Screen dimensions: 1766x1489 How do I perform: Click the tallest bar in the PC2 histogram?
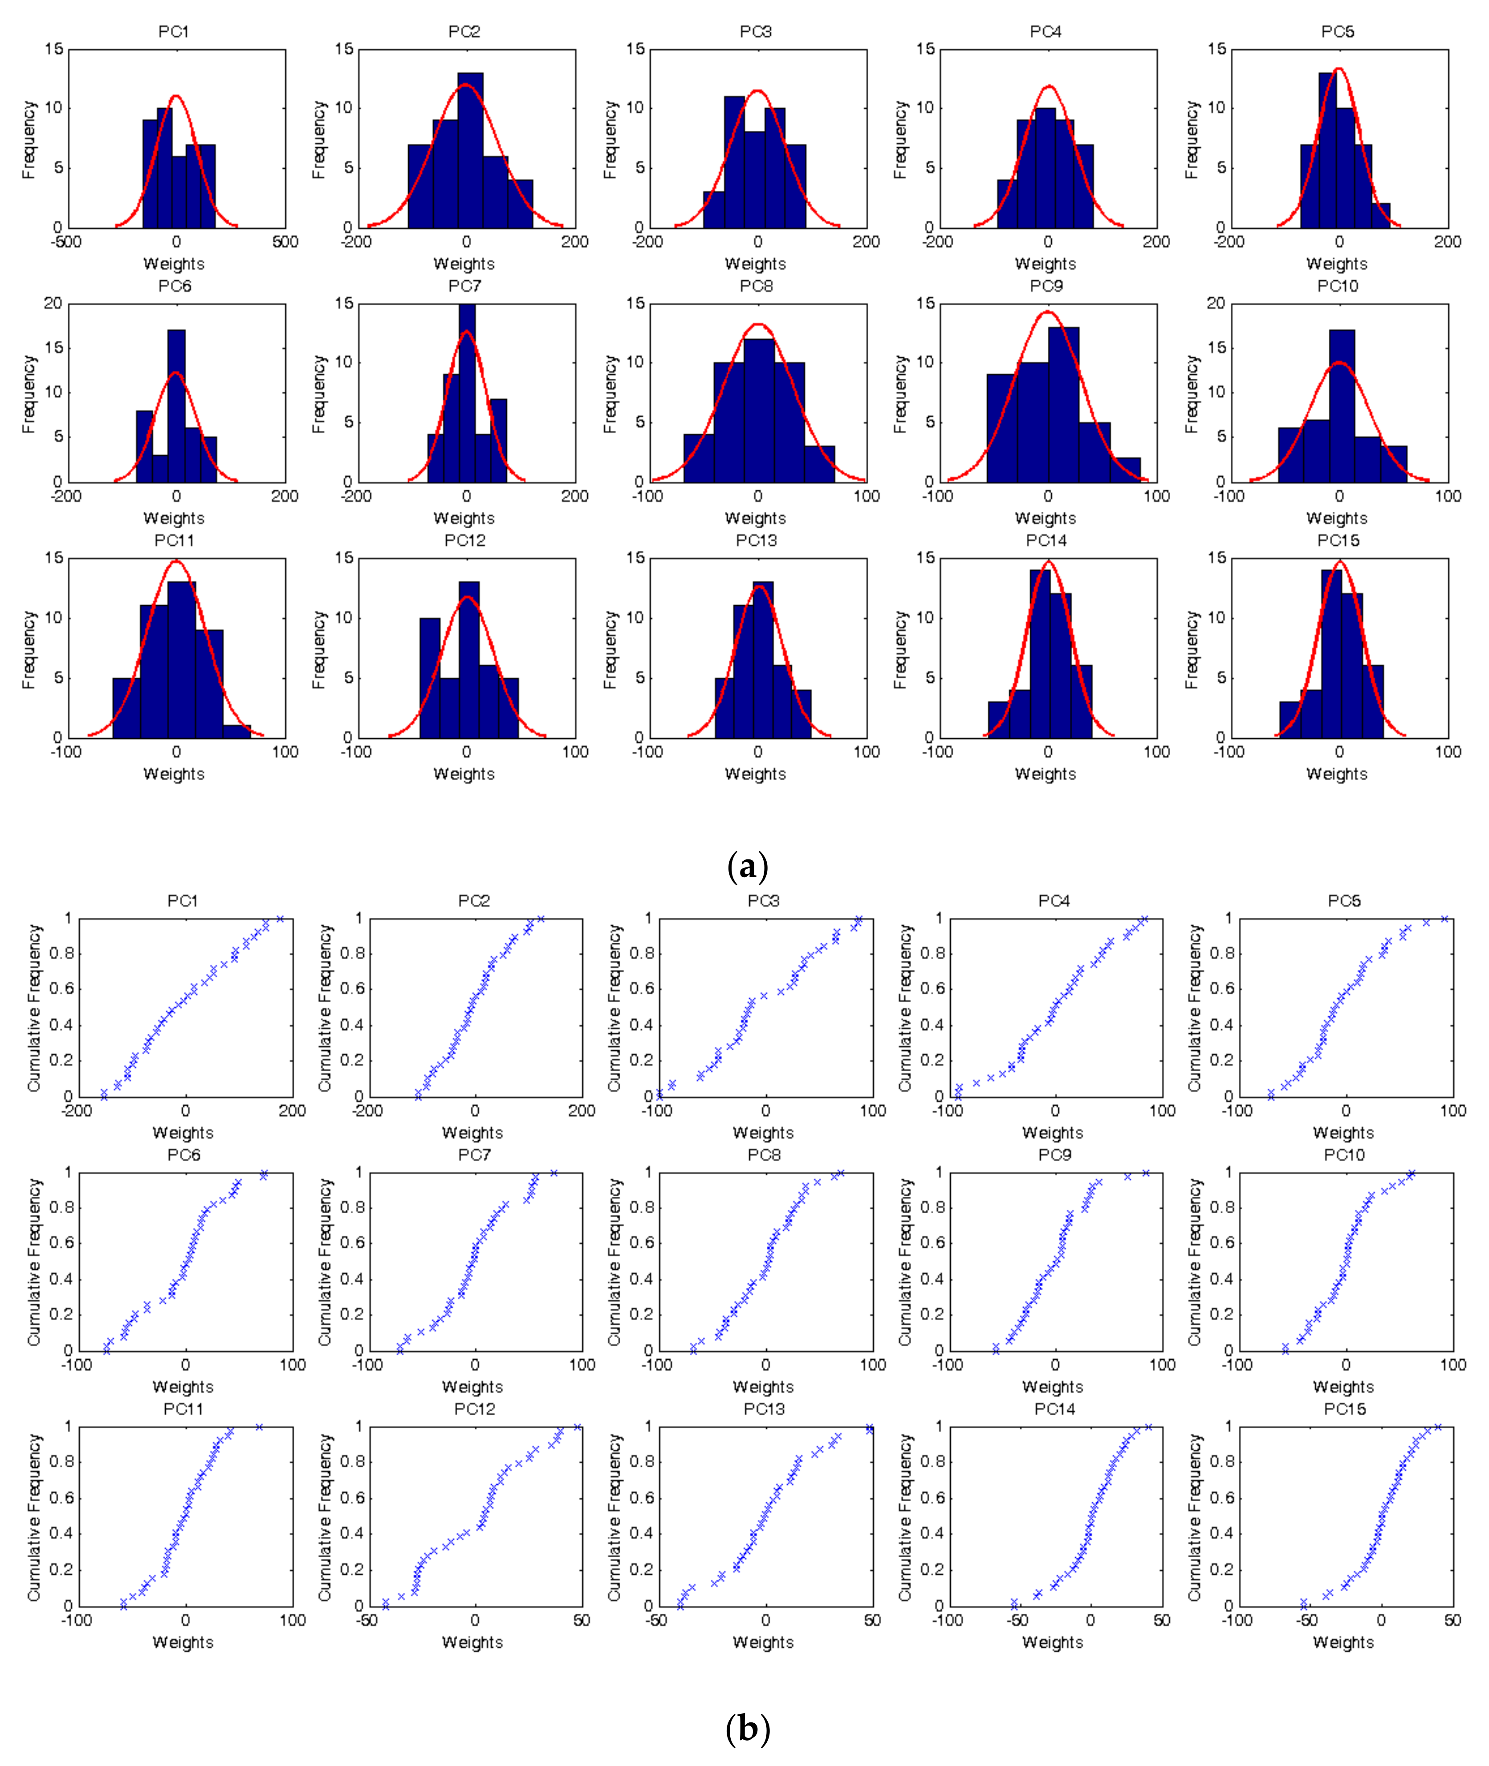pyautogui.click(x=470, y=152)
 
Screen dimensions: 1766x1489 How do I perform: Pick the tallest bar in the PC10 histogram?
pyautogui.click(x=1342, y=405)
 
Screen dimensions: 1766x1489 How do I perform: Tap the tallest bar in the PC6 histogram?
pyautogui.click(x=176, y=405)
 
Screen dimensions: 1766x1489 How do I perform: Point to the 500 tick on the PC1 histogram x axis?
pyautogui.click(x=285, y=242)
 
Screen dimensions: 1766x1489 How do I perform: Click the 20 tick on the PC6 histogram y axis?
pyautogui.click(x=53, y=304)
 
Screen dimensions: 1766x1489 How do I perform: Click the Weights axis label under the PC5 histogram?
pyautogui.click(x=1337, y=264)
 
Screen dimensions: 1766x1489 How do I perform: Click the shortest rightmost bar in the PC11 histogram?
pyautogui.click(x=237, y=731)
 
